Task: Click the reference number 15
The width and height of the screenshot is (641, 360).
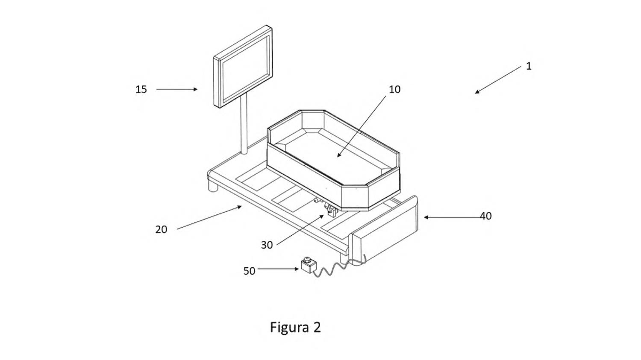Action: click(x=141, y=90)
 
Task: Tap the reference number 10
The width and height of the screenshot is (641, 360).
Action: click(x=394, y=90)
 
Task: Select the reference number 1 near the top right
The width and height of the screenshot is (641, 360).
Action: click(x=529, y=66)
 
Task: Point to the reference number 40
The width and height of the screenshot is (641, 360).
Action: click(x=485, y=216)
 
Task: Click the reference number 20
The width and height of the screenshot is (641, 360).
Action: click(x=161, y=229)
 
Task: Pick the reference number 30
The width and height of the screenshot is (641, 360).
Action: click(x=267, y=245)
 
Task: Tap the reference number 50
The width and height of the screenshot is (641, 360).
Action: click(x=249, y=271)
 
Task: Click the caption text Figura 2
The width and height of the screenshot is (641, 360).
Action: click(x=295, y=328)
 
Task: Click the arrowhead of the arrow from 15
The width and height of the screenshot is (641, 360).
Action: click(x=195, y=89)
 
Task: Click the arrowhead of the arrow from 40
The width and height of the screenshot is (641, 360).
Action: click(x=426, y=217)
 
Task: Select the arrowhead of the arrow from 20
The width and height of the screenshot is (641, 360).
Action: click(x=239, y=207)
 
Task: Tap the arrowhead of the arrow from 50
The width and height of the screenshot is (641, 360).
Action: click(x=297, y=269)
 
